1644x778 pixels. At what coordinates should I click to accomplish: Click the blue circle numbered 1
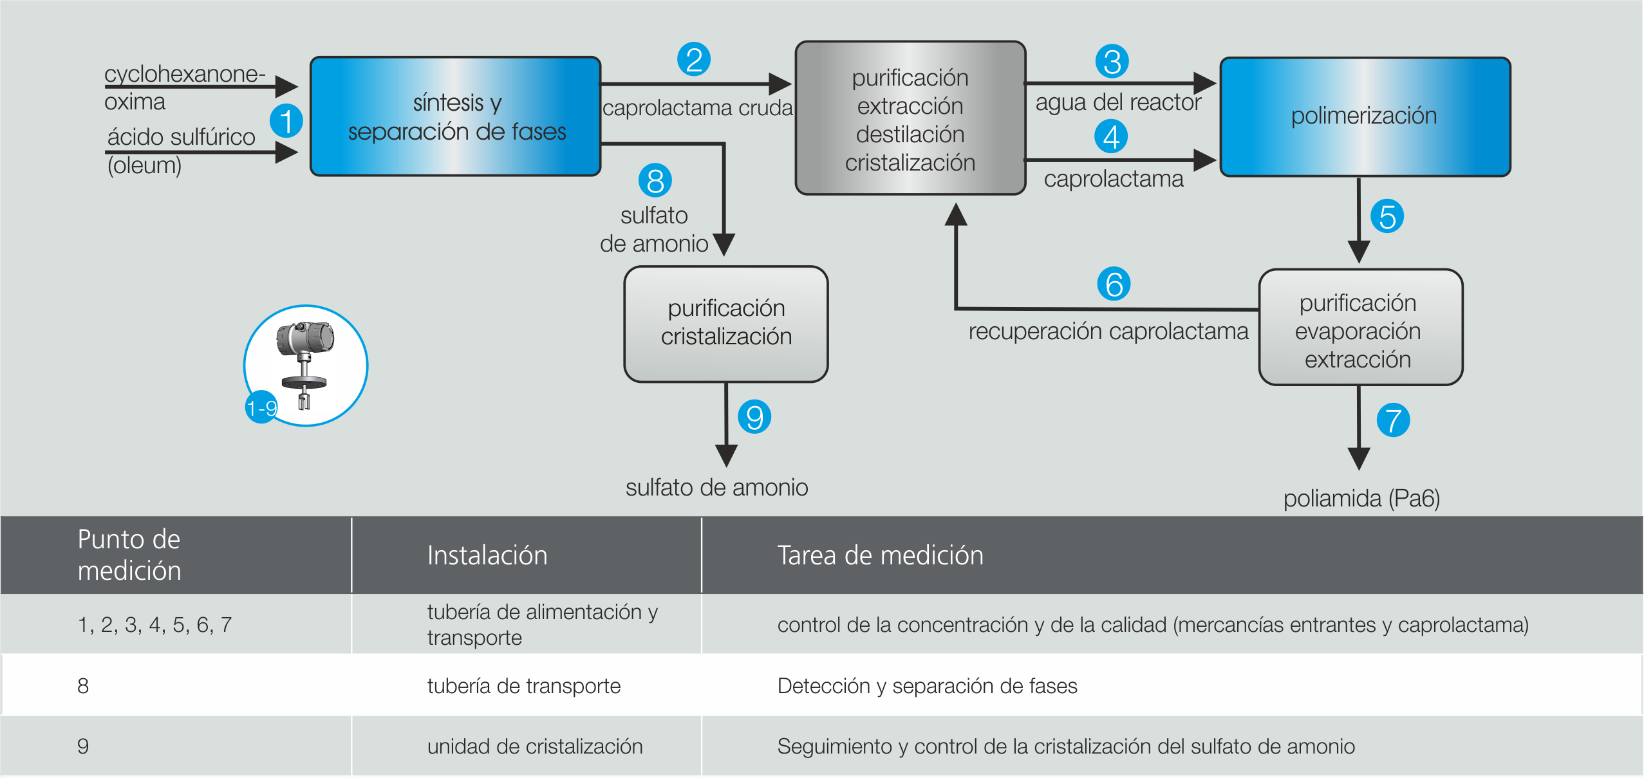click(286, 121)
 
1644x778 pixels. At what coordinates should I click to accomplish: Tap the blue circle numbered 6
click(1114, 284)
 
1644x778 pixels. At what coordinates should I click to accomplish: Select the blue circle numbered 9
click(754, 417)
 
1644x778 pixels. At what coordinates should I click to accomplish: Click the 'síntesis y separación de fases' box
click(456, 116)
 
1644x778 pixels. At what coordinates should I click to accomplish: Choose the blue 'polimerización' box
click(1365, 116)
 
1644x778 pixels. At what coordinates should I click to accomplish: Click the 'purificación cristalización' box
click(726, 324)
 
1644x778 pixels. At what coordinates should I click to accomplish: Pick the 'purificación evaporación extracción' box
click(1360, 328)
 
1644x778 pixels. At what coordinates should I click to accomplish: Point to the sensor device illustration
click(306, 364)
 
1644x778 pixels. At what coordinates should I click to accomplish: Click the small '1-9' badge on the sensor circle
click(261, 407)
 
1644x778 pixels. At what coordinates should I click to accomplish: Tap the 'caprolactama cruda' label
click(697, 108)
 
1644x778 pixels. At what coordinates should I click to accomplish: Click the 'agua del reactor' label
click(1118, 102)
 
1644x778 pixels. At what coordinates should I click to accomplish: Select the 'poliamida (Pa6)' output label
click(1361, 498)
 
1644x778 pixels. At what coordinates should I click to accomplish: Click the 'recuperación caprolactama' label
click(1108, 331)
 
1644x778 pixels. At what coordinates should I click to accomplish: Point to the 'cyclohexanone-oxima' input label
click(183, 87)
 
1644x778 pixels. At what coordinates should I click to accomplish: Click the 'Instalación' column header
click(487, 555)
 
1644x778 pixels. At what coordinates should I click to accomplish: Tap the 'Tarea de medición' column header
click(880, 555)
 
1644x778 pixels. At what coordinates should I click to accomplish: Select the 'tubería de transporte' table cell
click(523, 686)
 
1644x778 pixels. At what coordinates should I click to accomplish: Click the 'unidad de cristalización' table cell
click(534, 746)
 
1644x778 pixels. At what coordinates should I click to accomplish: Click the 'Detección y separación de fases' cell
click(927, 686)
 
